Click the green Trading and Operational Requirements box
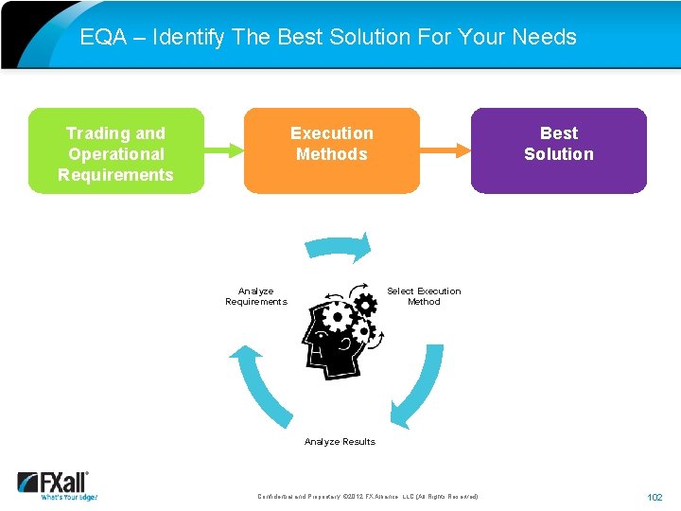(115, 151)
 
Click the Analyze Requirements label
(255, 296)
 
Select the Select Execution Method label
(424, 296)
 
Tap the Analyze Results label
(340, 442)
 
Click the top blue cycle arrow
(340, 249)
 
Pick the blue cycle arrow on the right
(421, 383)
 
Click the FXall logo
(54, 482)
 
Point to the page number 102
(655, 497)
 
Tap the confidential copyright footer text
(368, 497)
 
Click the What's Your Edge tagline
(68, 497)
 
